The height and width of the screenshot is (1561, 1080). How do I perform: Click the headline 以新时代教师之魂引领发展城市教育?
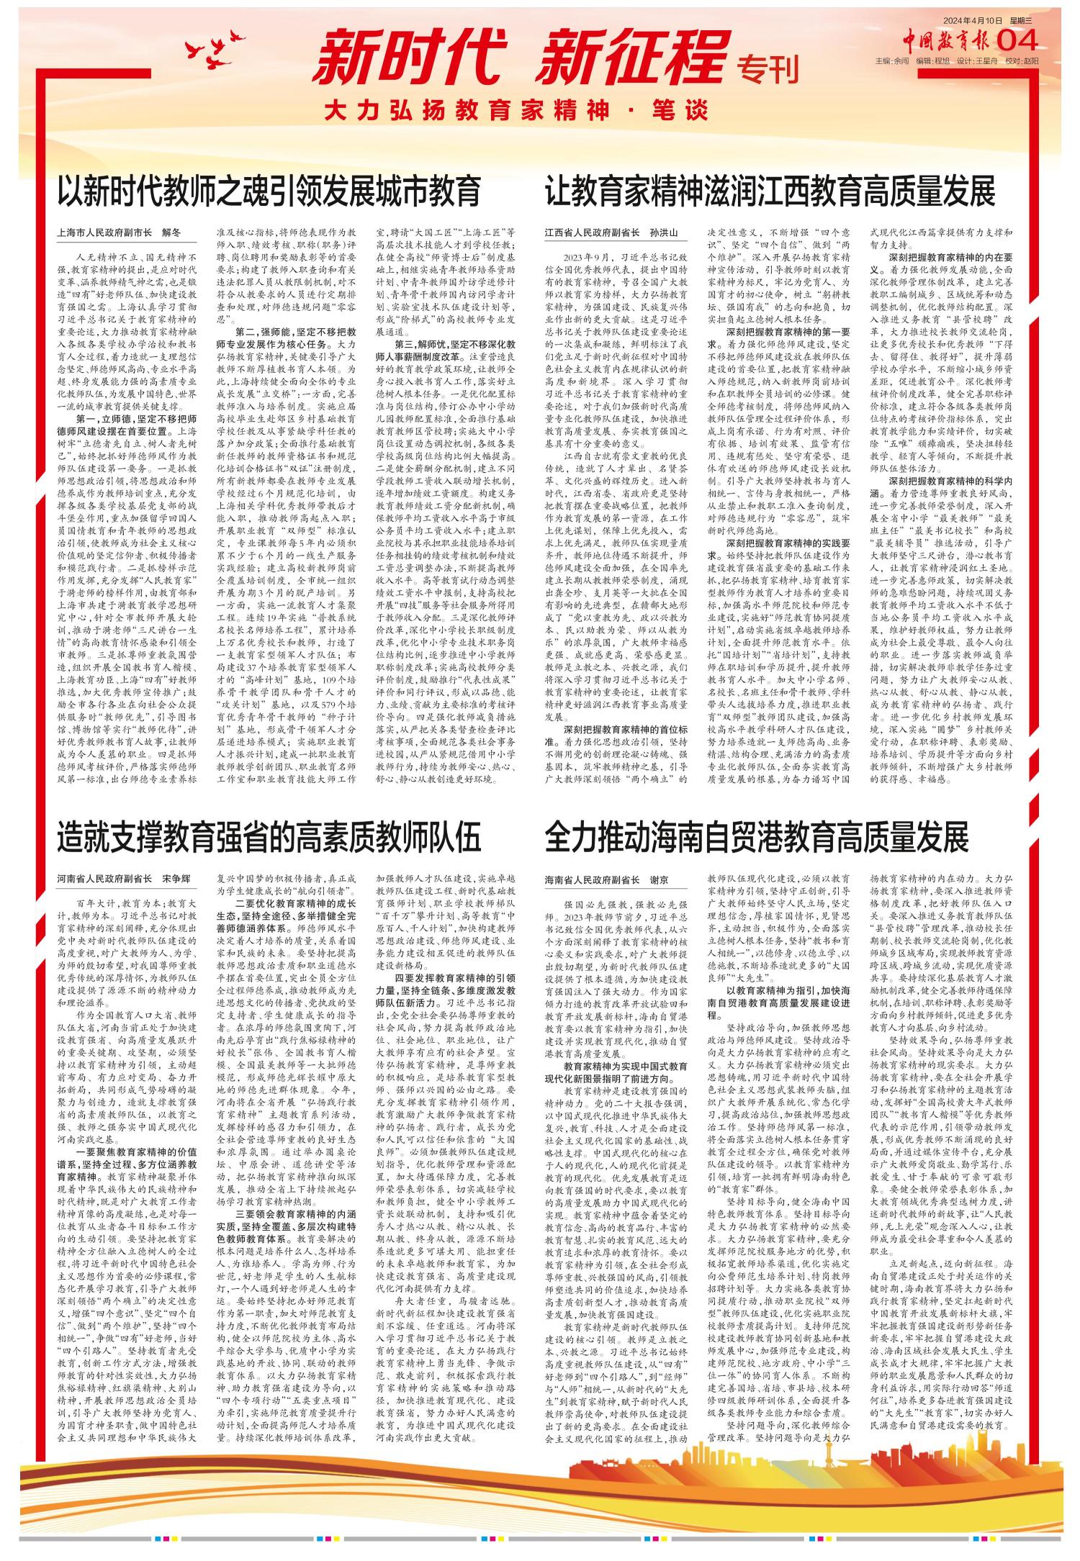click(269, 191)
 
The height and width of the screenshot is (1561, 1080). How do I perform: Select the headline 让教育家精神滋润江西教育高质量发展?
click(770, 191)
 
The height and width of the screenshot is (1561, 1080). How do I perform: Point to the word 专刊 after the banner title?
click(768, 71)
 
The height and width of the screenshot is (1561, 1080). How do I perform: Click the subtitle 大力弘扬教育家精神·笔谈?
click(511, 112)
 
